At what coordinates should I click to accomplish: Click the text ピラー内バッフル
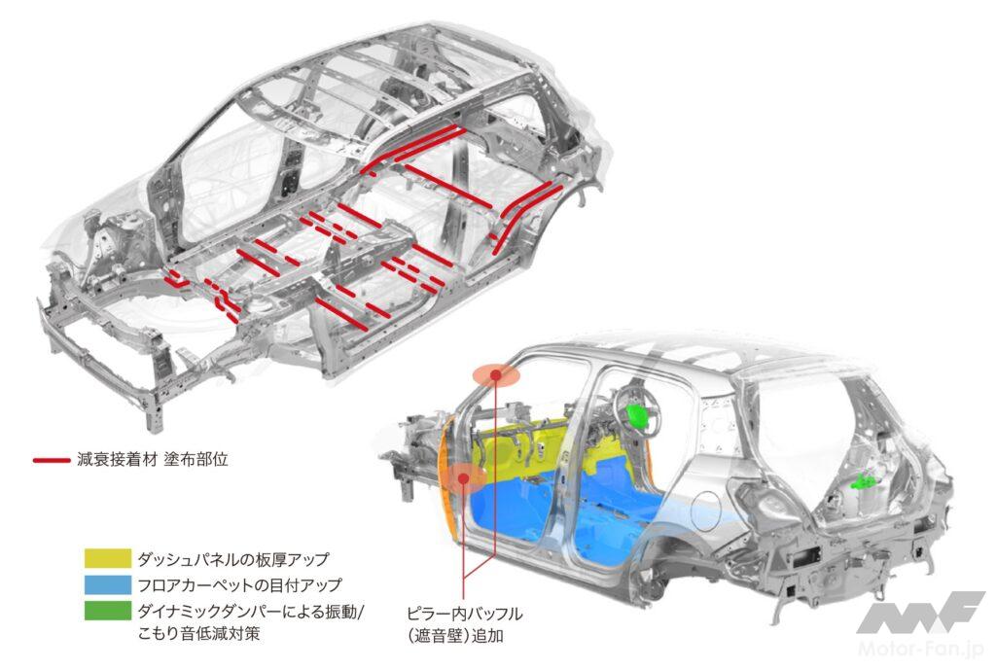coord(465,614)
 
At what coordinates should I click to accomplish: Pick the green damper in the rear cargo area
coord(861,482)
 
